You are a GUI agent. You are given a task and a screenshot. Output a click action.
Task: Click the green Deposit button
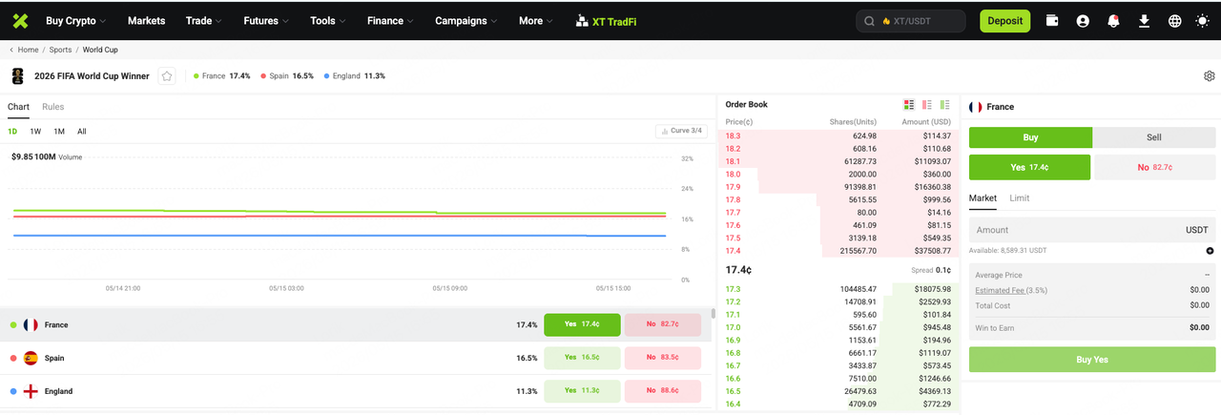point(1004,21)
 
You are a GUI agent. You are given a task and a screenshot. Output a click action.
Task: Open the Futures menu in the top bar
point(265,21)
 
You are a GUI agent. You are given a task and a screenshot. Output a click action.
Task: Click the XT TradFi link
point(606,21)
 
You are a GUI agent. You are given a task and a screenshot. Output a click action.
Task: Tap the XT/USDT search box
point(911,21)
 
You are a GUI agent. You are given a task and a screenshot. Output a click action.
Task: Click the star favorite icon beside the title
point(167,75)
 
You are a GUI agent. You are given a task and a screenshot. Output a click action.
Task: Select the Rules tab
point(52,106)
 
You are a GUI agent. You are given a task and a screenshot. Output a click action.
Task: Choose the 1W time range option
point(35,132)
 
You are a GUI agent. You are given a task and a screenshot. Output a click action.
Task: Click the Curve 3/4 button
point(681,131)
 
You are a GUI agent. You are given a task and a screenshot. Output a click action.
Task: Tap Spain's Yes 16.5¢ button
point(582,358)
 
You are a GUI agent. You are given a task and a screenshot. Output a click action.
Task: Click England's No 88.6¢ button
point(662,391)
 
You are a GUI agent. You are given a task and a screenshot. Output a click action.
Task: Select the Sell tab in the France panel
point(1153,137)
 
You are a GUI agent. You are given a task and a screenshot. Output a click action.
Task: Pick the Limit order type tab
point(1019,197)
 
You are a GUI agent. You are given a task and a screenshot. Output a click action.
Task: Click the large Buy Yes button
point(1092,360)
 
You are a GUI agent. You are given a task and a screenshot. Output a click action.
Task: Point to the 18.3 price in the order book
point(733,135)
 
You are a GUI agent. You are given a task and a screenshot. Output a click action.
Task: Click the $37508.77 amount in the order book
point(933,251)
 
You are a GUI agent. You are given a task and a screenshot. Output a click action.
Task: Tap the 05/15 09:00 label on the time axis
point(449,288)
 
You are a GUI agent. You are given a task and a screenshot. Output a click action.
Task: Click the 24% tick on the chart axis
point(688,189)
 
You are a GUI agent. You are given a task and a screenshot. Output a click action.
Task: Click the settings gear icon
point(1209,75)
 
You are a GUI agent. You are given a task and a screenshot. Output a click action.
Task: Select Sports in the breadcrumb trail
point(60,50)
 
